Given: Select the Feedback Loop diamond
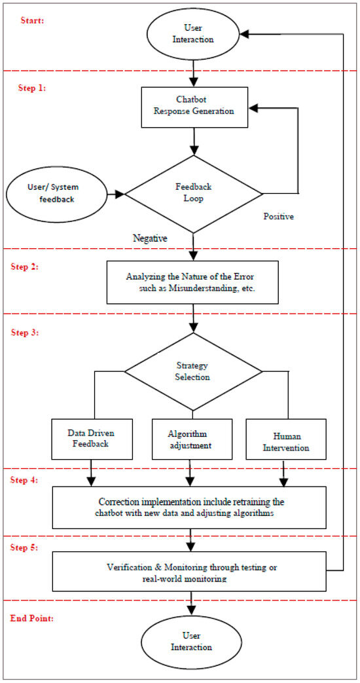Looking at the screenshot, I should pos(193,194).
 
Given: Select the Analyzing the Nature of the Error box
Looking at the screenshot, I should pos(192,282).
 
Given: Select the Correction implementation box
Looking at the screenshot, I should pos(189,507).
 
